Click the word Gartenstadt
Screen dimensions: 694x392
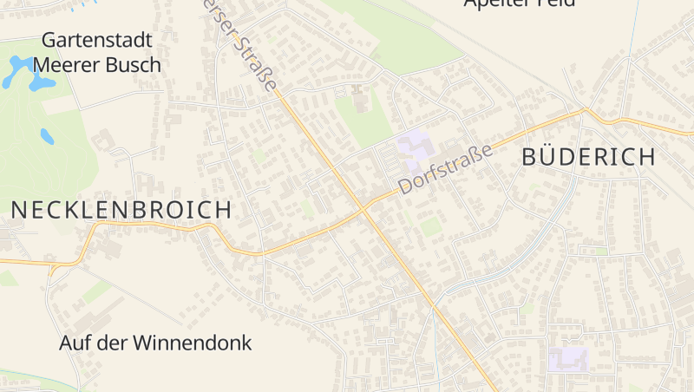point(97,41)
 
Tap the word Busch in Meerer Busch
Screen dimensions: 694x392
point(133,65)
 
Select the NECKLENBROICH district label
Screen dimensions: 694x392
point(121,210)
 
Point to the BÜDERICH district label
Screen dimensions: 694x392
point(588,157)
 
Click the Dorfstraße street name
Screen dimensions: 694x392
point(445,168)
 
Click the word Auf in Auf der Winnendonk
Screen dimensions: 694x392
point(75,343)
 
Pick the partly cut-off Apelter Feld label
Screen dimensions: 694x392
point(519,3)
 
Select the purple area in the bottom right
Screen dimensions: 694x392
point(568,359)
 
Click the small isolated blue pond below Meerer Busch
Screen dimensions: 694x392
point(46,136)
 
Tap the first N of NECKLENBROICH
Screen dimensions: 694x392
point(19,210)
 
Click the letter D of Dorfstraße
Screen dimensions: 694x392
point(404,186)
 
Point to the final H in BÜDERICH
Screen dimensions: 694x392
point(645,157)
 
